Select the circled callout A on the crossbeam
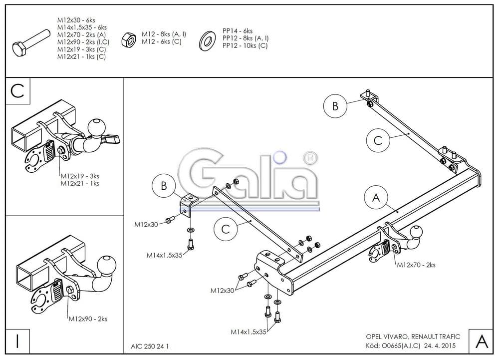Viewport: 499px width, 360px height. [x=376, y=198]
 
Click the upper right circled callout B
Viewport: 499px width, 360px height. [x=335, y=106]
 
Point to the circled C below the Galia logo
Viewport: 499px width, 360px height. [x=226, y=229]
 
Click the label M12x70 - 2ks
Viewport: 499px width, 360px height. [x=416, y=265]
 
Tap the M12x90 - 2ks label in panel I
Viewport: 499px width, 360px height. [x=87, y=319]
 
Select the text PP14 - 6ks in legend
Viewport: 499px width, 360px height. [x=238, y=31]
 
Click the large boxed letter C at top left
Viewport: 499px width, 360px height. [x=17, y=91]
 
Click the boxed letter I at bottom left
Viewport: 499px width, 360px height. [x=17, y=342]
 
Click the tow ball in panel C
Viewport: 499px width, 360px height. [x=95, y=127]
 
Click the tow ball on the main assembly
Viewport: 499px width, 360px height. [x=416, y=232]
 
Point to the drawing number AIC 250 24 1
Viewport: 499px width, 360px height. [x=150, y=346]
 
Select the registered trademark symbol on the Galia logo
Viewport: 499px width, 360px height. [x=309, y=158]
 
